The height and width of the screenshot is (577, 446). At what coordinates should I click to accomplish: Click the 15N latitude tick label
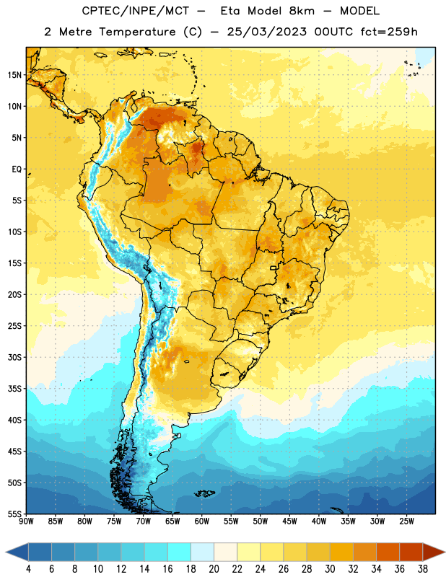pos(14,75)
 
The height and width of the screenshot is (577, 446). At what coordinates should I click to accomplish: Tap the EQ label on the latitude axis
pos(17,169)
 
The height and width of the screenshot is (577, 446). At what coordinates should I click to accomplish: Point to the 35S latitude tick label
pos(14,389)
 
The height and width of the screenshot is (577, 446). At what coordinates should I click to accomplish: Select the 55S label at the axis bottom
pos(14,514)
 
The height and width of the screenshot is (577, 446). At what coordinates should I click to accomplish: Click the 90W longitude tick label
pos(26,521)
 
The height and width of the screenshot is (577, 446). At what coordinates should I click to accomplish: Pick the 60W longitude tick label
pos(202,521)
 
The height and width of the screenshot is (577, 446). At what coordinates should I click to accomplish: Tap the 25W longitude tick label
pos(406,521)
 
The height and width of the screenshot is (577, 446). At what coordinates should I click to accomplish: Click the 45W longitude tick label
pos(289,521)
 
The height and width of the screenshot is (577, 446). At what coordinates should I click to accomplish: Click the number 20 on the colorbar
pos(214,569)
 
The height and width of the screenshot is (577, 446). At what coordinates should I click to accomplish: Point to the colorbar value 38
pos(423,569)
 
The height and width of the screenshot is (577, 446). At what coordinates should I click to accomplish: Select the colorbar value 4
pos(28,569)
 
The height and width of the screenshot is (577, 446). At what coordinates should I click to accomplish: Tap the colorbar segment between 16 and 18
pos(180,552)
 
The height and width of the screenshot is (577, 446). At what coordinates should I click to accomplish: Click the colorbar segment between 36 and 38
pos(411,552)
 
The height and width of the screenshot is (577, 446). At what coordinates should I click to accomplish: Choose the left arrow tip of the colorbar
pos(6,552)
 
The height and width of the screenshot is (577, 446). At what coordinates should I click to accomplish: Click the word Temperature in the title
pos(137,32)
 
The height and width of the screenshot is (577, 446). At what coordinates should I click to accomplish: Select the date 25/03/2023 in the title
pos(266,32)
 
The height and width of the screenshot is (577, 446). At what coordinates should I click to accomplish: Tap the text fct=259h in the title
pos(389,32)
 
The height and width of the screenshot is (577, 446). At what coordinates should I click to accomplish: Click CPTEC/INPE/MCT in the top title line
pos(135,11)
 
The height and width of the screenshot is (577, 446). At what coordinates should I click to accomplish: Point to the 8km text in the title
pos(302,11)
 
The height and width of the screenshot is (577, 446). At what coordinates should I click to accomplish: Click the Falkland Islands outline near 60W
pos(204,493)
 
